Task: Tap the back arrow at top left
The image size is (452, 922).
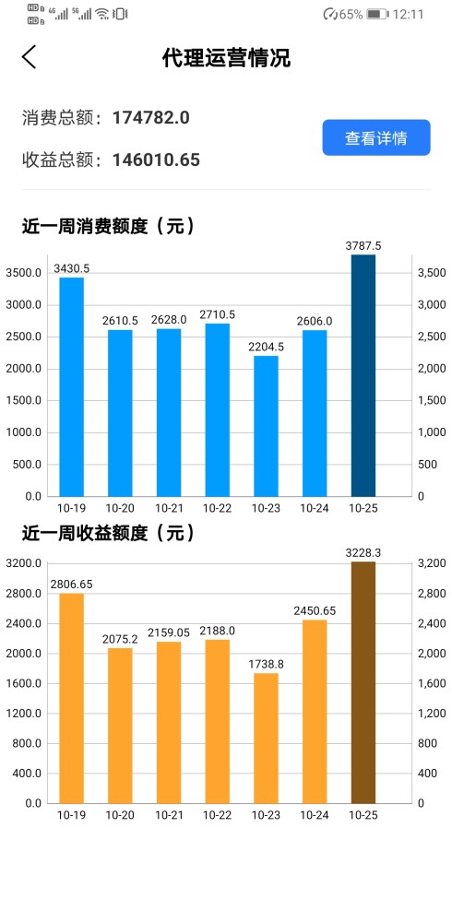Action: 30,57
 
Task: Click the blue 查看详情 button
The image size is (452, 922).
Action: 375,138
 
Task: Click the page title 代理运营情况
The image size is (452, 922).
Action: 226,58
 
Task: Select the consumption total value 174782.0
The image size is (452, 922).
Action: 150,117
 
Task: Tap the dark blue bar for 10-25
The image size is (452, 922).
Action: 363,375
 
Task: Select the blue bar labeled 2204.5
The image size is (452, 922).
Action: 266,426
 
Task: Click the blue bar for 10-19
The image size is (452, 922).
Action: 72,387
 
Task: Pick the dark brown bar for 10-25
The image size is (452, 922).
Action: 363,682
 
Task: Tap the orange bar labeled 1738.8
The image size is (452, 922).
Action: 266,738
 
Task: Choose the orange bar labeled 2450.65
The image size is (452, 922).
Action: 315,711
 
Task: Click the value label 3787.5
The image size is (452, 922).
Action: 363,245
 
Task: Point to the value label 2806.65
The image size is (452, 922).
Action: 72,584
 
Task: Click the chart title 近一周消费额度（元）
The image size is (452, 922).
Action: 107,225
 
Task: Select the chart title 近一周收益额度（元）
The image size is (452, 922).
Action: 107,533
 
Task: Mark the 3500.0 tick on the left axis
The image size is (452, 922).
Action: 25,274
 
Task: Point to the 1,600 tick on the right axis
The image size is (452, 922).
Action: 432,683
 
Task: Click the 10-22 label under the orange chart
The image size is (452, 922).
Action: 217,815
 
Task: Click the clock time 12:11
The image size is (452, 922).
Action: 408,14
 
